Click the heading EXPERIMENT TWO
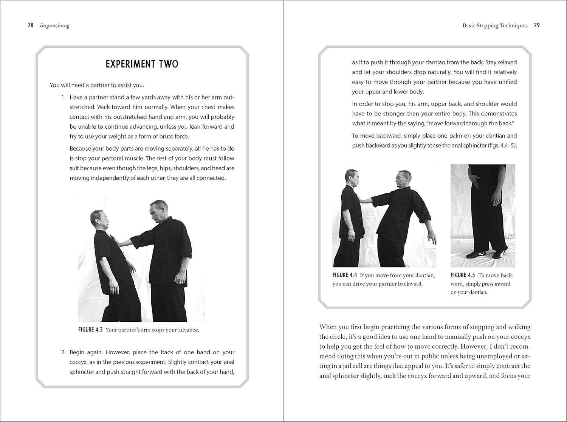pyautogui.click(x=142, y=64)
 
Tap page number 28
pyautogui.click(x=31, y=25)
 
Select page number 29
pyautogui.click(x=537, y=25)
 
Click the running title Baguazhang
pyautogui.click(x=54, y=26)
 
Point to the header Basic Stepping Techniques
pyautogui.click(x=495, y=26)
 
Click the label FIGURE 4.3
pyautogui.click(x=90, y=330)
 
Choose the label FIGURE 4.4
pyautogui.click(x=345, y=275)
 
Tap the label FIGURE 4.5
pyautogui.click(x=463, y=275)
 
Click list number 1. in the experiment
pyautogui.click(x=64, y=97)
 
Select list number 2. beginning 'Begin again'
pyautogui.click(x=64, y=352)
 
